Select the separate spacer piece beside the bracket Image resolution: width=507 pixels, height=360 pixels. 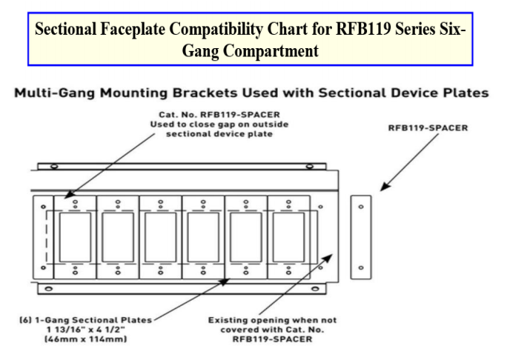361,237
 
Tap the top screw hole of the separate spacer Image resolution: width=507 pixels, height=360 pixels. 361,207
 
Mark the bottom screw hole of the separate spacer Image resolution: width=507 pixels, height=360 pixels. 361,267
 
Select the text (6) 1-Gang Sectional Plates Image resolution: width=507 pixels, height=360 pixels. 84,319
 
